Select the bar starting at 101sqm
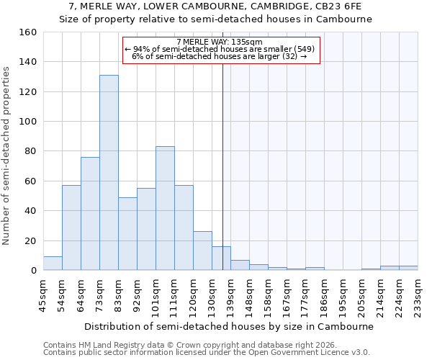click(x=165, y=209)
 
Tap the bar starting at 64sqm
click(x=90, y=214)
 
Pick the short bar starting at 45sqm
click(x=53, y=264)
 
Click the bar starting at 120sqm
click(x=202, y=251)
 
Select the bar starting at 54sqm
click(x=71, y=228)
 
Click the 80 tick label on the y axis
click(x=30, y=151)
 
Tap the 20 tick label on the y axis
click(x=30, y=240)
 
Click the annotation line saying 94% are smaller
click(x=220, y=50)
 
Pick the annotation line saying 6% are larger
click(x=220, y=57)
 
